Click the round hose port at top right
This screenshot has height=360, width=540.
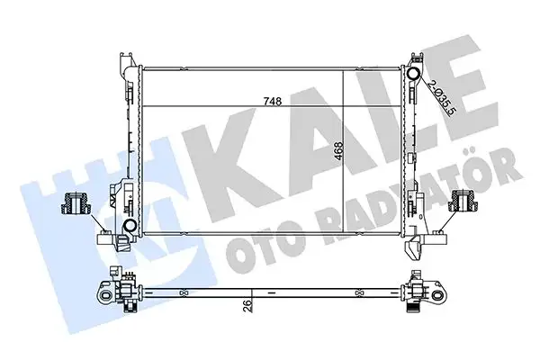tap(414, 74)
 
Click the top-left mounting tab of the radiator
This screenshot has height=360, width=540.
tap(126, 65)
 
